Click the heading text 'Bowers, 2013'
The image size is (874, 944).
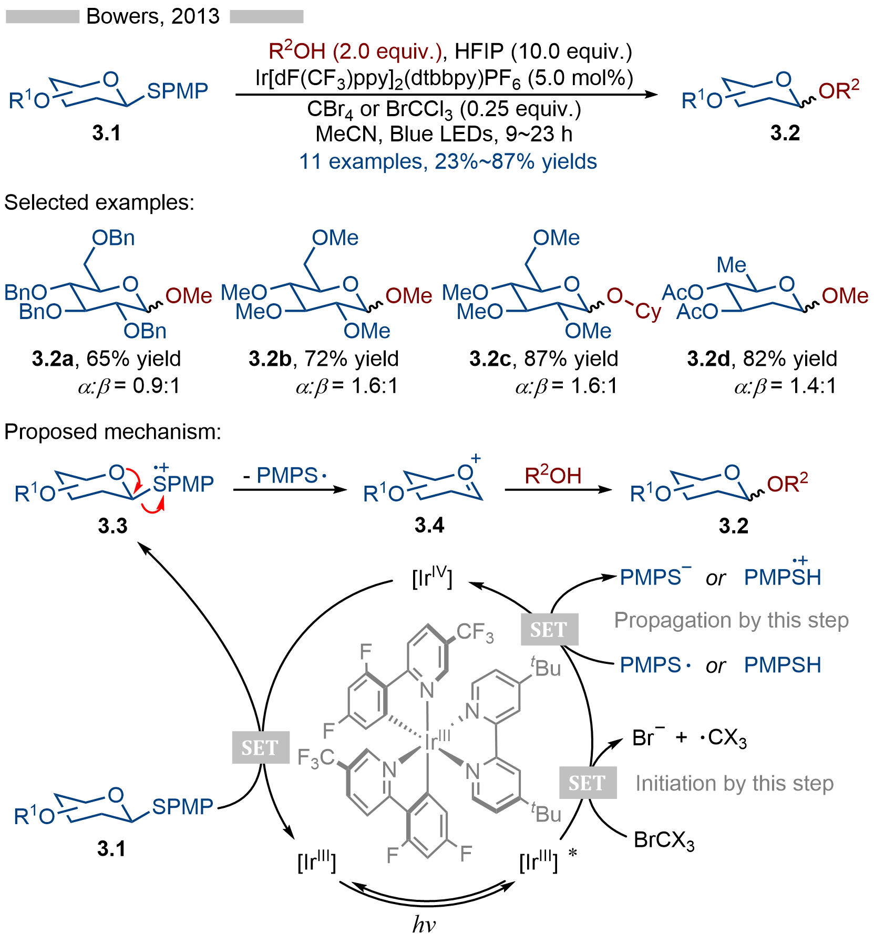[x=152, y=16]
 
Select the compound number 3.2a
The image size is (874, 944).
[x=53, y=359]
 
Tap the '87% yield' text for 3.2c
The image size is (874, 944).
[x=571, y=359]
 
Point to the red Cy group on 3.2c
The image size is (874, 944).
[x=648, y=311]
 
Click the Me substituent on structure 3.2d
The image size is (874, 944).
[x=731, y=265]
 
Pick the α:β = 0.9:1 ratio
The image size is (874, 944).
[x=129, y=386]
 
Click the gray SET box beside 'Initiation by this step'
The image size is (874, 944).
[x=588, y=783]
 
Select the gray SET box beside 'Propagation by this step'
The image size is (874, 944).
[x=549, y=629]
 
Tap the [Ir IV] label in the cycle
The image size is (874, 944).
[x=432, y=578]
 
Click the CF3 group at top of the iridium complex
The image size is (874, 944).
[x=475, y=632]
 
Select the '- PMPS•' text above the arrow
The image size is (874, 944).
[x=285, y=476]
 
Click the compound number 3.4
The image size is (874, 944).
[x=429, y=525]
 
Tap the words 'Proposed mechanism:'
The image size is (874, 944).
[x=112, y=432]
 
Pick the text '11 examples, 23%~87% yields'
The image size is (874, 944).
[x=448, y=161]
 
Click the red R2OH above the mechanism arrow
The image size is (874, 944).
[x=552, y=476]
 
